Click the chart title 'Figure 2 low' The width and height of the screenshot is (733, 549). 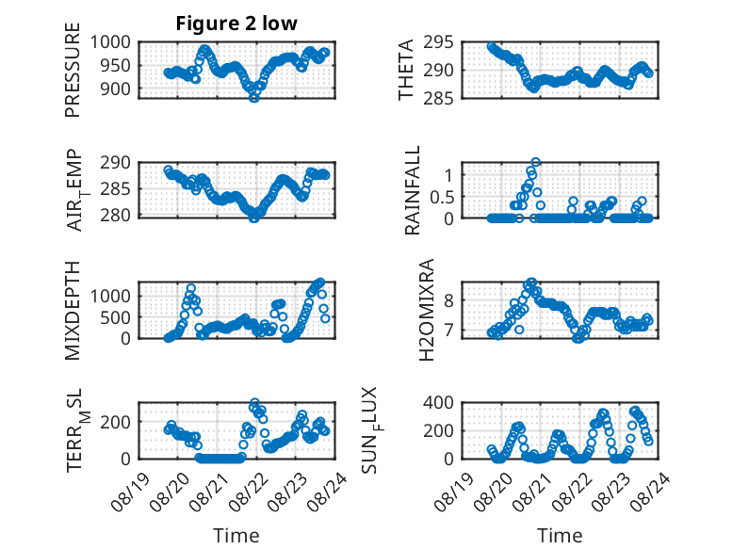(236, 24)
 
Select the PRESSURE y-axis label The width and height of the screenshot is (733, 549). (73, 70)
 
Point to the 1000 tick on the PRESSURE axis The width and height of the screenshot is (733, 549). (110, 42)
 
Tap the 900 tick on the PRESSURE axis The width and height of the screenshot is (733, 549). (115, 89)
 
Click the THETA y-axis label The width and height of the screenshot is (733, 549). (406, 70)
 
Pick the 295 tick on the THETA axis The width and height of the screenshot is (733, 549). (438, 42)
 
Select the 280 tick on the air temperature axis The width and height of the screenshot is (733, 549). (115, 216)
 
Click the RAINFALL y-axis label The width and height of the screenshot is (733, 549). (413, 190)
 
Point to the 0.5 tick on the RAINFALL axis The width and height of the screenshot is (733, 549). (442, 197)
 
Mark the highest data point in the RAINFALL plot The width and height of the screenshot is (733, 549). (536, 162)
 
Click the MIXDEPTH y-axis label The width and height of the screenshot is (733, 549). (73, 310)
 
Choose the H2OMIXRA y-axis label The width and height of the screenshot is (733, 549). (427, 310)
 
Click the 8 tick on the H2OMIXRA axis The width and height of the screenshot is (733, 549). (449, 300)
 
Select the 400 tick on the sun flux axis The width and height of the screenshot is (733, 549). (438, 402)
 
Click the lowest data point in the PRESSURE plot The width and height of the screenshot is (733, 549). (253, 97)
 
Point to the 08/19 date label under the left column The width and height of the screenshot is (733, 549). (130, 492)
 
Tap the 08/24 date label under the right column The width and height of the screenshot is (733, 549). (651, 492)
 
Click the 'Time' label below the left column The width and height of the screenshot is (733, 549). (236, 536)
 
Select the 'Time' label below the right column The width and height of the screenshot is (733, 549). (560, 536)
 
